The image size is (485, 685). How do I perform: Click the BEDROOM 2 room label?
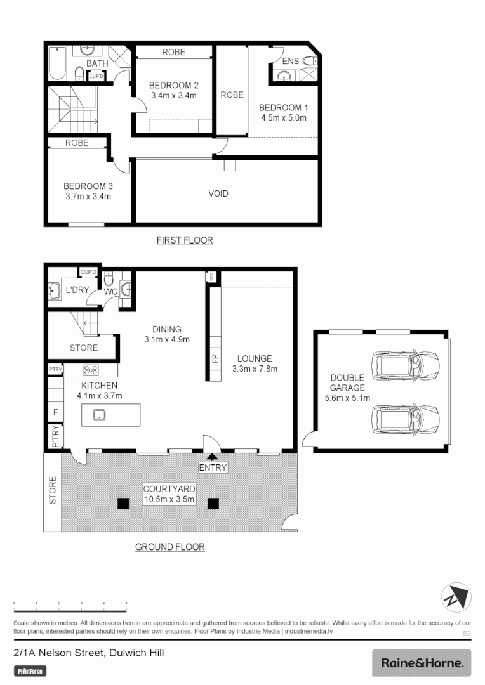[174, 86]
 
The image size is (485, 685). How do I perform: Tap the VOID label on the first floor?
[218, 193]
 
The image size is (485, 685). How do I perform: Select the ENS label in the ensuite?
[290, 62]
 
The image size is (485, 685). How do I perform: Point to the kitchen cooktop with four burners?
[91, 370]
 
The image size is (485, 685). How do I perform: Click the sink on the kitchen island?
[98, 415]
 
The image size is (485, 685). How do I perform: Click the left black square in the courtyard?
[121, 504]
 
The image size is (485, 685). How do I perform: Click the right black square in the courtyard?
[213, 504]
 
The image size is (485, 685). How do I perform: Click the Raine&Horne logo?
[422, 663]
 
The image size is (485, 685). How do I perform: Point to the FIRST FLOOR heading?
[185, 240]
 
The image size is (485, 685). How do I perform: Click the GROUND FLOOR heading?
[170, 547]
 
